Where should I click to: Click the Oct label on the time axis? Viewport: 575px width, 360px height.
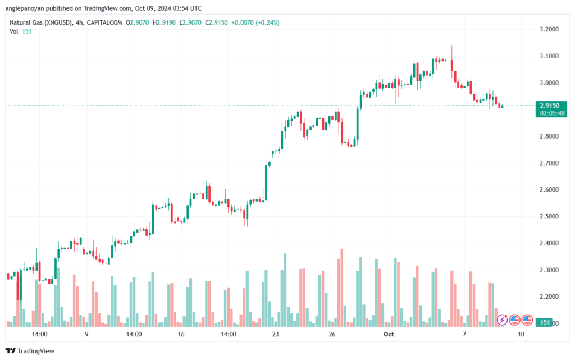[x=389, y=334]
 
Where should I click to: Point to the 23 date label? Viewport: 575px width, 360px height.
[x=275, y=334]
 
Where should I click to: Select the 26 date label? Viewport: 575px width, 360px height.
[x=332, y=334]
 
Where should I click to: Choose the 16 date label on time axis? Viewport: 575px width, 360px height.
[x=181, y=334]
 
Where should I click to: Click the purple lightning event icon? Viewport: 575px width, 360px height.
[x=502, y=320]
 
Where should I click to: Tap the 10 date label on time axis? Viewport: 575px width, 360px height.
[x=521, y=334]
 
